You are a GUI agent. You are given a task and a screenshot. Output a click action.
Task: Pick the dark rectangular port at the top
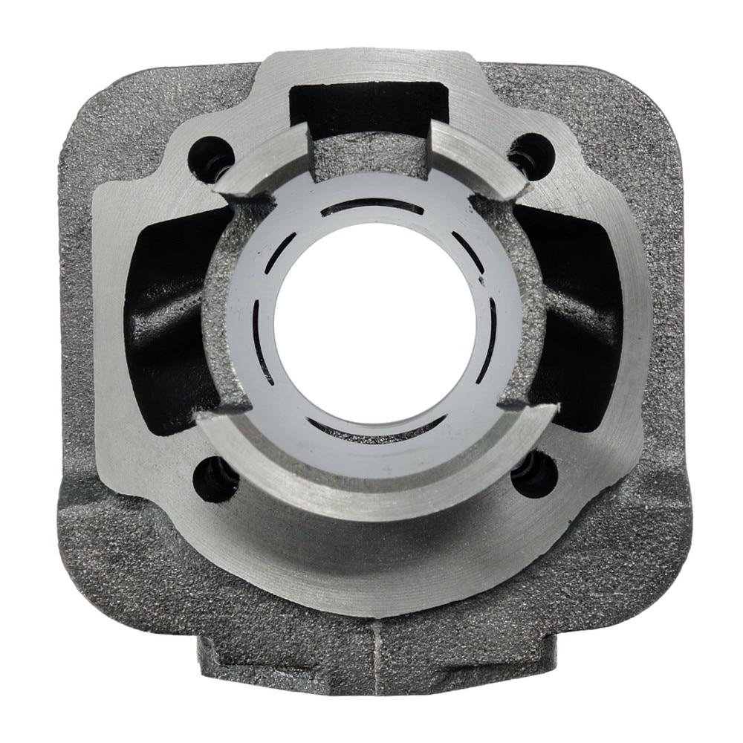point(369,104)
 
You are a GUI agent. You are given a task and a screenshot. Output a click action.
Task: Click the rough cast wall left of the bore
point(223,312)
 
